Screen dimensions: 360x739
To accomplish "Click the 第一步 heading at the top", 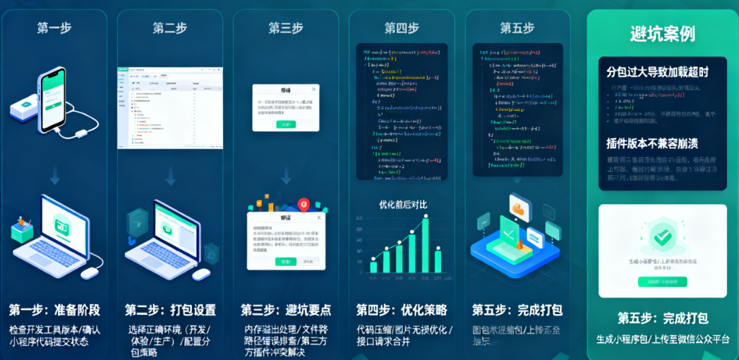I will [54, 28].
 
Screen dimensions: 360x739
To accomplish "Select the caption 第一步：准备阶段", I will [54, 310].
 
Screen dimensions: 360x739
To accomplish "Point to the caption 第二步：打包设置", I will [170, 310].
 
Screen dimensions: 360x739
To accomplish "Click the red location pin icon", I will [304, 205].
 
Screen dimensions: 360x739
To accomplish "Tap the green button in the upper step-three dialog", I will [286, 124].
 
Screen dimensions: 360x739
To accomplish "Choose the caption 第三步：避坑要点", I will [286, 310].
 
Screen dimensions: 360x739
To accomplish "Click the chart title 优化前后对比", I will [403, 205].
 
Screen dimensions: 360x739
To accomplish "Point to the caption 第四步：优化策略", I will [402, 310].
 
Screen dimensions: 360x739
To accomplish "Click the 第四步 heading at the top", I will [402, 28].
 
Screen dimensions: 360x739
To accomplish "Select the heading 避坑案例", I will [662, 34].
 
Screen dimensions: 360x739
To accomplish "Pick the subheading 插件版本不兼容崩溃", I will [652, 143].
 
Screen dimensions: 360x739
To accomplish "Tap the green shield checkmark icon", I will [662, 237].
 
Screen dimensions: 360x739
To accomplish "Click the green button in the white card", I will [662, 282].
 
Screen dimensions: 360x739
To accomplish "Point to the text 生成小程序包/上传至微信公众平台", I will [662, 339].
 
